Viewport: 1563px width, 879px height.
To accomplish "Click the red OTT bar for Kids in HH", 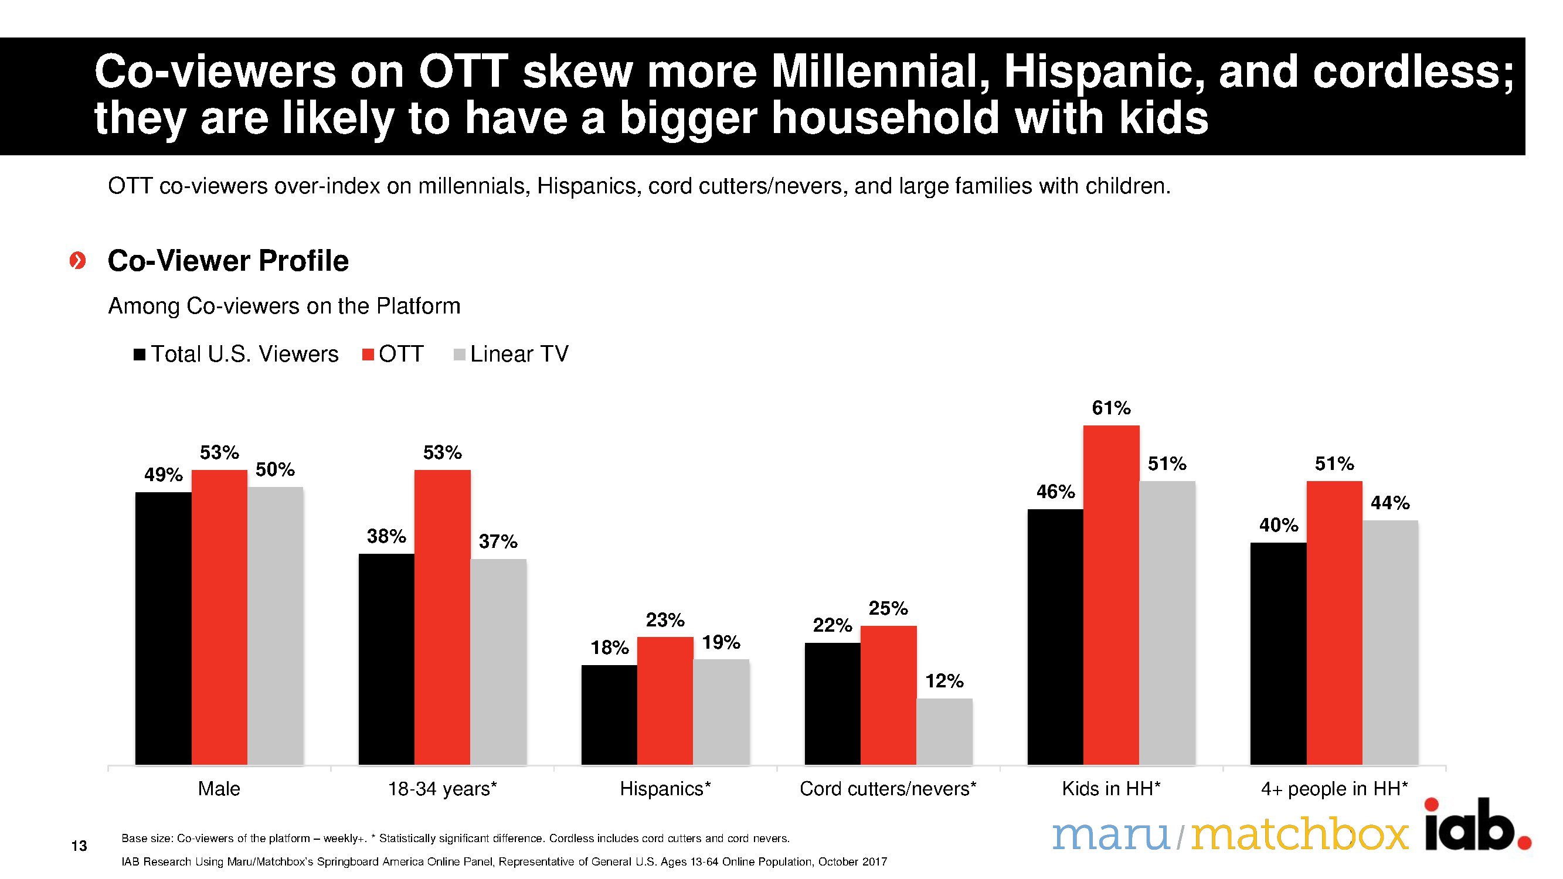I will tap(1111, 594).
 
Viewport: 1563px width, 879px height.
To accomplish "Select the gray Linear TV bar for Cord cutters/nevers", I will tap(944, 731).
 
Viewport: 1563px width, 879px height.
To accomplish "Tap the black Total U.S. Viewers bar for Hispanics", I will tap(609, 714).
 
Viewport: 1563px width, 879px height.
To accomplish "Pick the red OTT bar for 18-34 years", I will tap(442, 616).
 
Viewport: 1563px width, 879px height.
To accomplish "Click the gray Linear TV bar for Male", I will tap(275, 625).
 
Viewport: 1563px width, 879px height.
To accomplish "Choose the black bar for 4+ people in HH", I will tap(1279, 653).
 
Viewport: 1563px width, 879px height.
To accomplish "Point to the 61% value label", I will tap(1111, 408).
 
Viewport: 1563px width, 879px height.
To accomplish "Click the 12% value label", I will tap(944, 682).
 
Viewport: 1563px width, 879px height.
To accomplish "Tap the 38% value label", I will tap(386, 536).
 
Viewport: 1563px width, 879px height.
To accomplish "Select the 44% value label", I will tap(1390, 503).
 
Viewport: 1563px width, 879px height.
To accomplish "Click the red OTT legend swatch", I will tap(368, 355).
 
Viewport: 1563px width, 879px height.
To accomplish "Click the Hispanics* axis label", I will tap(665, 789).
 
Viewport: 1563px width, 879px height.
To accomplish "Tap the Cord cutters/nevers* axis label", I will tap(888, 789).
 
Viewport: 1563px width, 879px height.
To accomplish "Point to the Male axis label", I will tap(219, 789).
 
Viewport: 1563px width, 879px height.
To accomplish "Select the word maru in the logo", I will tap(1110, 835).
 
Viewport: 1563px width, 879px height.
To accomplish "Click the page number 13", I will tap(79, 846).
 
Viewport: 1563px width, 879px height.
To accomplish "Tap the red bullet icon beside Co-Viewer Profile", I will tap(77, 261).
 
